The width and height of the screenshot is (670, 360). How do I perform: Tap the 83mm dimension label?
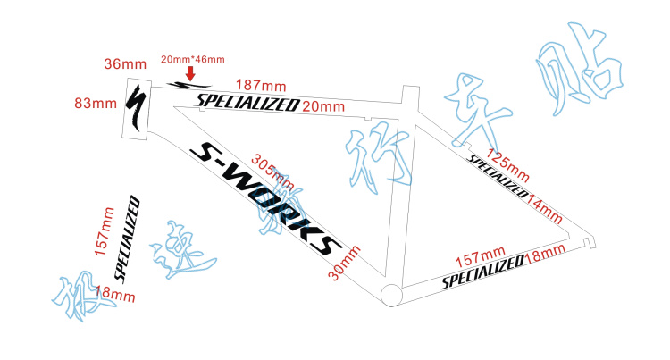point(96,103)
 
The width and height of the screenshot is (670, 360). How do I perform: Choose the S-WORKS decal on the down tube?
point(265,197)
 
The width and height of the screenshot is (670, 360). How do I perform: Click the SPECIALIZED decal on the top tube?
point(247,103)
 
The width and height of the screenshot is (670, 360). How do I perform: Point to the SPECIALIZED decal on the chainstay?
point(483,272)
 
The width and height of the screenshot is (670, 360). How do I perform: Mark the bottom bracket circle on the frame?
point(390,294)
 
